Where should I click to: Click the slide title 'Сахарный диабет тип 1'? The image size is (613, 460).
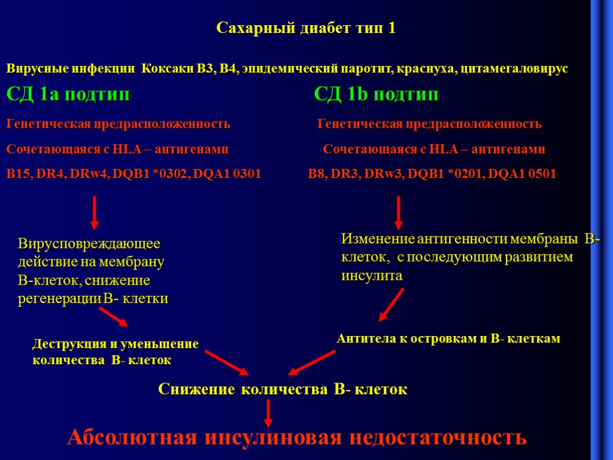click(x=305, y=28)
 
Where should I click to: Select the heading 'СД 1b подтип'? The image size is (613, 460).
click(x=376, y=95)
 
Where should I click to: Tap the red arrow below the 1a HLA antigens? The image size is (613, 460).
click(x=95, y=213)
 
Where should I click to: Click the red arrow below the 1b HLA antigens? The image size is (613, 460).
click(x=398, y=213)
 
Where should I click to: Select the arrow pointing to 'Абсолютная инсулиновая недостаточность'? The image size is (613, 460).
click(x=269, y=413)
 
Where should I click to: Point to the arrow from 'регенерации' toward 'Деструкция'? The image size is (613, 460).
click(x=114, y=317)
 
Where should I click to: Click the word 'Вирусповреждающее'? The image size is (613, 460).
click(x=89, y=244)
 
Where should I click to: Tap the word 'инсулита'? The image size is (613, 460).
click(x=372, y=276)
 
